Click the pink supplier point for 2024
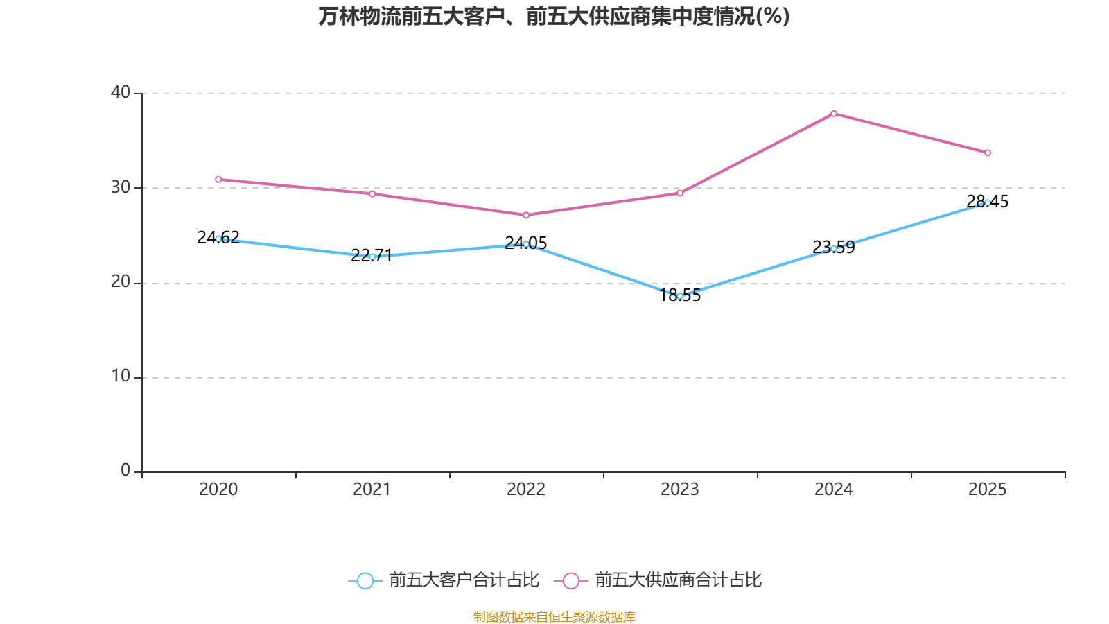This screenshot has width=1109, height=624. pyautogui.click(x=834, y=114)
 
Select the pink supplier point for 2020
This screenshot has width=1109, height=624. pyautogui.click(x=218, y=180)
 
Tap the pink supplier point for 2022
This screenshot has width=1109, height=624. pyautogui.click(x=526, y=215)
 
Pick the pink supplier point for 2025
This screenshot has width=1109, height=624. pyautogui.click(x=988, y=153)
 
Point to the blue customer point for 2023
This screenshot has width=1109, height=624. pyautogui.click(x=680, y=296)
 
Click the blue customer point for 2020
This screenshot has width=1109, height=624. pyautogui.click(x=218, y=239)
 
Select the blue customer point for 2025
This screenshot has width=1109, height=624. pyautogui.click(x=988, y=202)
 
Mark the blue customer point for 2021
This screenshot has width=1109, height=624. pyautogui.click(x=372, y=257)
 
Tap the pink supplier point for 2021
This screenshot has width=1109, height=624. pyautogui.click(x=372, y=193)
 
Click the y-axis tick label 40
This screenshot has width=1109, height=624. pyautogui.click(x=121, y=93)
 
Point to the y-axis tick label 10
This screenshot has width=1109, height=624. pyautogui.click(x=121, y=376)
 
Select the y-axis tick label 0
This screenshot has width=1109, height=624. pyautogui.click(x=125, y=471)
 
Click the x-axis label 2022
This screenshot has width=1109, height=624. pyautogui.click(x=526, y=489)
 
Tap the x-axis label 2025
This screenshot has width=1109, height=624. pyautogui.click(x=987, y=489)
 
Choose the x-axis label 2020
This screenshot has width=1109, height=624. pyautogui.click(x=218, y=489)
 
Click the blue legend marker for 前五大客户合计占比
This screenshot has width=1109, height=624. pyautogui.click(x=365, y=580)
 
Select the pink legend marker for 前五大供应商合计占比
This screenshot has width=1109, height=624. pyautogui.click(x=570, y=580)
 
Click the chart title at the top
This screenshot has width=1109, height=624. pyautogui.click(x=554, y=16)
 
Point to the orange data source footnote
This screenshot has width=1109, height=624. pyautogui.click(x=554, y=616)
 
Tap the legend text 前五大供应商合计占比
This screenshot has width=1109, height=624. pyautogui.click(x=678, y=580)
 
